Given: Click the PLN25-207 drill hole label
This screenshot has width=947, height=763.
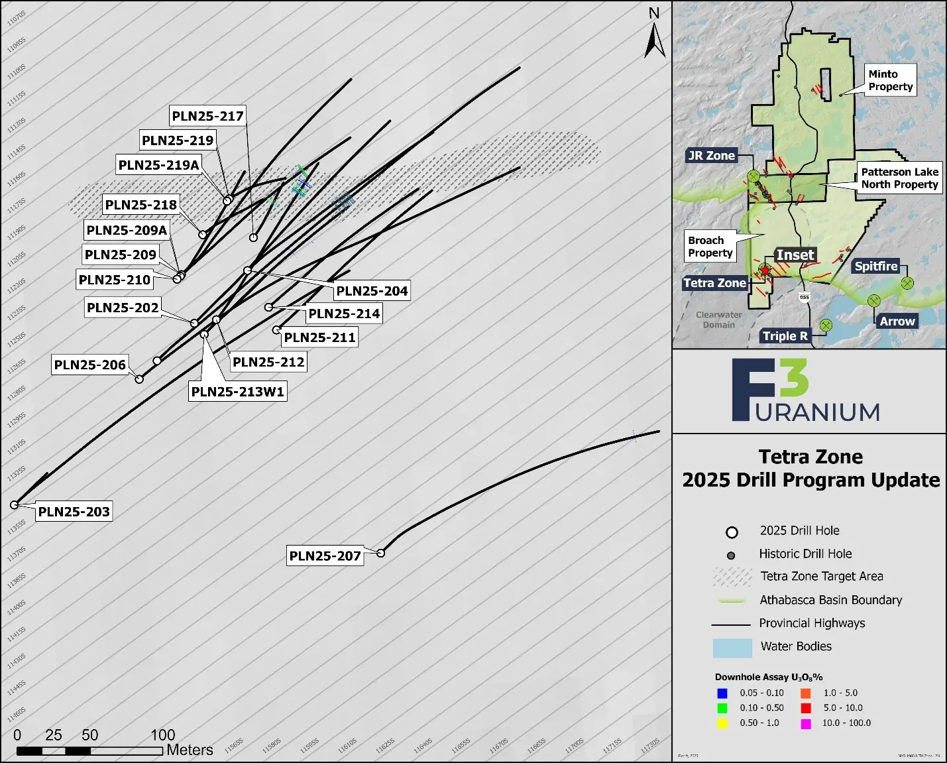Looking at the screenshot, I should pyautogui.click(x=325, y=556).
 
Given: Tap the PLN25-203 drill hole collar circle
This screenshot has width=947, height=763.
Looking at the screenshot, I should pyautogui.click(x=15, y=505).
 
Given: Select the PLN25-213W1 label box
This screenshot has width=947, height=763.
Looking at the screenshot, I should pyautogui.click(x=238, y=391).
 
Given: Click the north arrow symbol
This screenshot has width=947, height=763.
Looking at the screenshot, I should pyautogui.click(x=655, y=40).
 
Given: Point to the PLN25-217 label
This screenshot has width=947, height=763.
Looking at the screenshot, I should pyautogui.click(x=207, y=116).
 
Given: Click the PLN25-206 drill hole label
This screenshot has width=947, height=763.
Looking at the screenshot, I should pyautogui.click(x=89, y=365).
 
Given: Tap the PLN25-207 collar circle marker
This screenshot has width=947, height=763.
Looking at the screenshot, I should pyautogui.click(x=381, y=553).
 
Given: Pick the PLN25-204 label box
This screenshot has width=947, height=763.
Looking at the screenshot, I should pyautogui.click(x=372, y=290).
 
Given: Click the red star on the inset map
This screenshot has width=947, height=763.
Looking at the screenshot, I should pyautogui.click(x=765, y=270).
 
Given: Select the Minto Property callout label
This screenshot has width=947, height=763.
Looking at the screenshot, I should pyautogui.click(x=891, y=80).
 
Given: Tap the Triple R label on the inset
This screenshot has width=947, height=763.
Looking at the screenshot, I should pyautogui.click(x=785, y=336).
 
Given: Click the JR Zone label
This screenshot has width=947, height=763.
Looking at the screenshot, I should pyautogui.click(x=711, y=156).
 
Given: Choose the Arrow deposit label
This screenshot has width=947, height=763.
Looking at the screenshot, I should pyautogui.click(x=897, y=322).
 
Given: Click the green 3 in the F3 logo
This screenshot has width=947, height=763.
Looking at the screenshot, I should pyautogui.click(x=793, y=377).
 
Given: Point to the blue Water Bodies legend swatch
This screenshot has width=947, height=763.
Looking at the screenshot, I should pyautogui.click(x=732, y=648).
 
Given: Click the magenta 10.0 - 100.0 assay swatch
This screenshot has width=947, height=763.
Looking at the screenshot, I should pyautogui.click(x=806, y=723).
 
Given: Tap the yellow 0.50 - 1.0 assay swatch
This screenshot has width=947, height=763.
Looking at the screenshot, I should pyautogui.click(x=722, y=723).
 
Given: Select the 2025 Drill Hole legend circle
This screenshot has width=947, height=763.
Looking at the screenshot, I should pyautogui.click(x=732, y=532).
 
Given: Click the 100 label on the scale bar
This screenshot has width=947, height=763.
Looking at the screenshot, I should pyautogui.click(x=162, y=734).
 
